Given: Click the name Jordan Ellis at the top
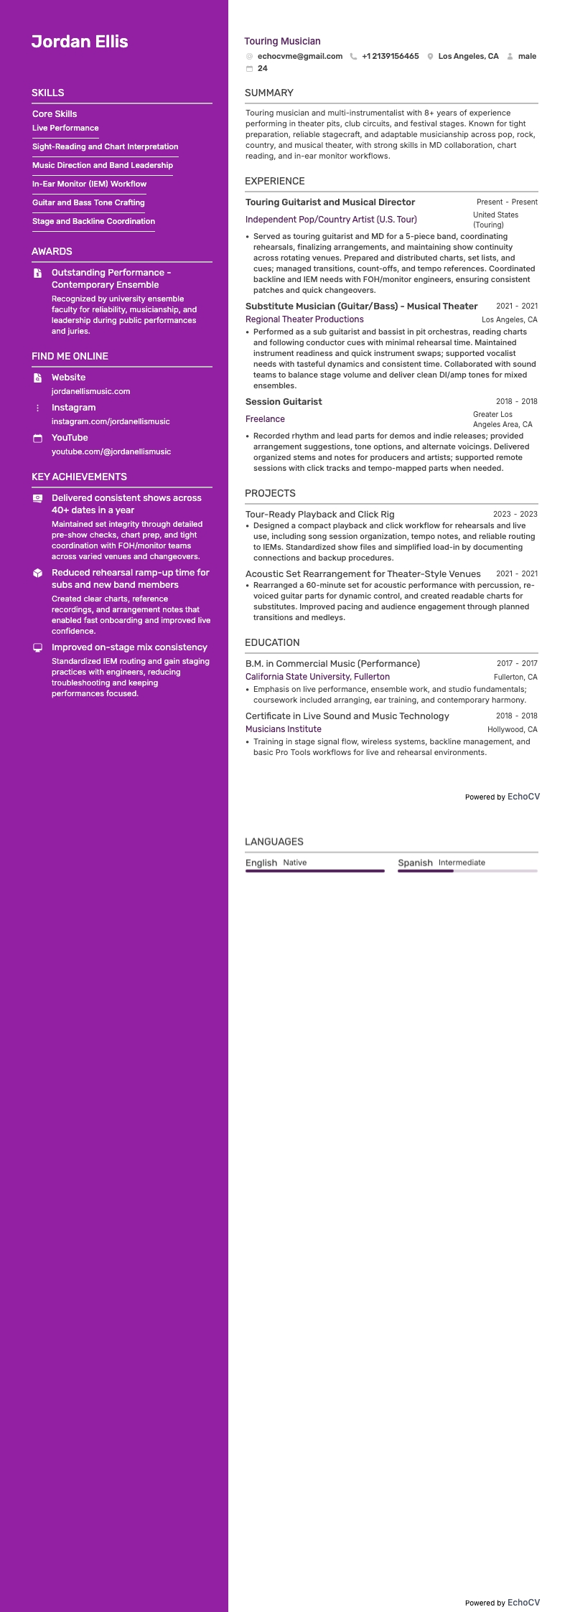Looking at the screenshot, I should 80,42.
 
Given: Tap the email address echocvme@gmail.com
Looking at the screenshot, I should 299,56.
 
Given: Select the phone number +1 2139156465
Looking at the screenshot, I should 390,56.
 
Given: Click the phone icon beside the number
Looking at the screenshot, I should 353,56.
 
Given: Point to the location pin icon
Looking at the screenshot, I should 430,56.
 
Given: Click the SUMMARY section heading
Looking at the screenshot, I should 268,93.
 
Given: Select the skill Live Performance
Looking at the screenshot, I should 65,128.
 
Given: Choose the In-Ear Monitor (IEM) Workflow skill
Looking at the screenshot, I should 89,184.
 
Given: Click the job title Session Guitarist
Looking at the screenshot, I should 284,401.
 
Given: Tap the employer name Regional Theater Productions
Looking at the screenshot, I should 304,319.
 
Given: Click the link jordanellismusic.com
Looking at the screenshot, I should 90,391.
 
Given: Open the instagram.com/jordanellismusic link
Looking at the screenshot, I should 111,421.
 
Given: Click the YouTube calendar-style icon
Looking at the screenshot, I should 38,438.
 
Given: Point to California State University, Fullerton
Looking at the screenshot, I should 317,677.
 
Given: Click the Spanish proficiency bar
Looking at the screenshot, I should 467,871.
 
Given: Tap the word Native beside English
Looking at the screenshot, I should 294,863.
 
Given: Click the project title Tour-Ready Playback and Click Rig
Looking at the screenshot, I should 319,514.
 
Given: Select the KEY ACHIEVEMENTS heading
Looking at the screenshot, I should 79,477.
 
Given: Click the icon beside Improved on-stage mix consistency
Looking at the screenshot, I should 38,647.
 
